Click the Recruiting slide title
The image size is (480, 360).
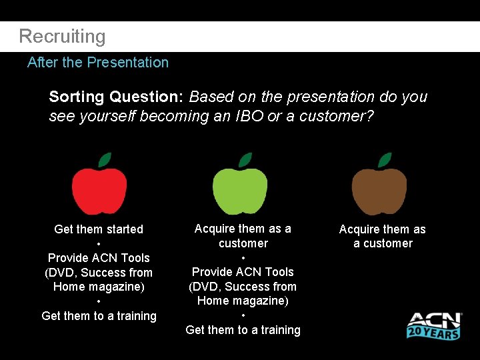(62, 37)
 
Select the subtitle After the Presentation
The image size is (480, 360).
(97, 63)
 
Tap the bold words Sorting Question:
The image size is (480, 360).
(116, 97)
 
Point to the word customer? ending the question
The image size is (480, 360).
(337, 116)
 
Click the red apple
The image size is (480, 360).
(99, 191)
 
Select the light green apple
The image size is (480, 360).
(240, 191)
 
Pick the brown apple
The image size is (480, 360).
(379, 191)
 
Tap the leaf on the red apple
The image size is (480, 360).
(105, 160)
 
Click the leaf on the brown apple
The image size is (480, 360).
(385, 160)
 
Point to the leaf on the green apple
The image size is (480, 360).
(245, 160)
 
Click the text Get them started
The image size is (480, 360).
(99, 229)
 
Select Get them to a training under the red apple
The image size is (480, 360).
(99, 316)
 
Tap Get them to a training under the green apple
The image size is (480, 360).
(243, 330)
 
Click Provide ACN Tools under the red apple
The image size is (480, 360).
(99, 258)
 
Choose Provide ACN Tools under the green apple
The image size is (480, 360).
(243, 272)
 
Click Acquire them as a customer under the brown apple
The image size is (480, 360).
(383, 236)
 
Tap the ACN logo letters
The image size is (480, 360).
(434, 321)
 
